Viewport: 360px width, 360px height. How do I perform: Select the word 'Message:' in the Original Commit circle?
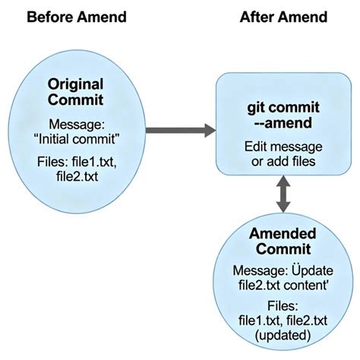point(76,124)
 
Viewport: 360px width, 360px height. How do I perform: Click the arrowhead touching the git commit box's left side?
point(210,131)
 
